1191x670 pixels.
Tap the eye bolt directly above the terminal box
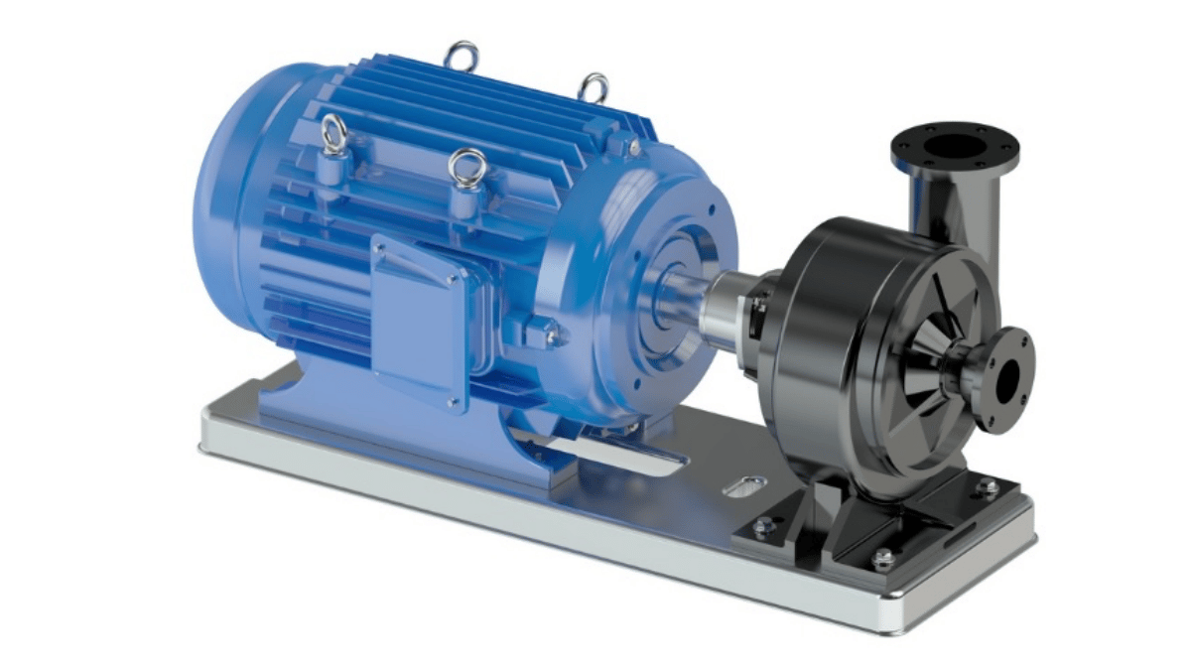(x=466, y=168)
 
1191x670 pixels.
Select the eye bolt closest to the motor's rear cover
(x=333, y=133)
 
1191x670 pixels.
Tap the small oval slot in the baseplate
(x=745, y=486)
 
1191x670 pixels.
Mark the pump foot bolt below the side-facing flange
(x=986, y=485)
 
